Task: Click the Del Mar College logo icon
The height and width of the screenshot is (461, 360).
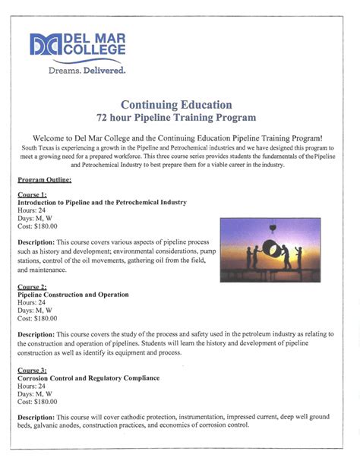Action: (45, 45)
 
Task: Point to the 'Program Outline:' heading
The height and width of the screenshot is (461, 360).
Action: (45, 180)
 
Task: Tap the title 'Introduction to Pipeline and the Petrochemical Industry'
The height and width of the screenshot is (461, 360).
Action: (102, 203)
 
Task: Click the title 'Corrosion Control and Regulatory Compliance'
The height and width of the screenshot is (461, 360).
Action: (88, 377)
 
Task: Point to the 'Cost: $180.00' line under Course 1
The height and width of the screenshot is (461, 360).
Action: (37, 226)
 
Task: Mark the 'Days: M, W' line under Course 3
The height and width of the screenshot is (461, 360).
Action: (34, 393)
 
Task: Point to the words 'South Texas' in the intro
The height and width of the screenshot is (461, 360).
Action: (39, 147)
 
